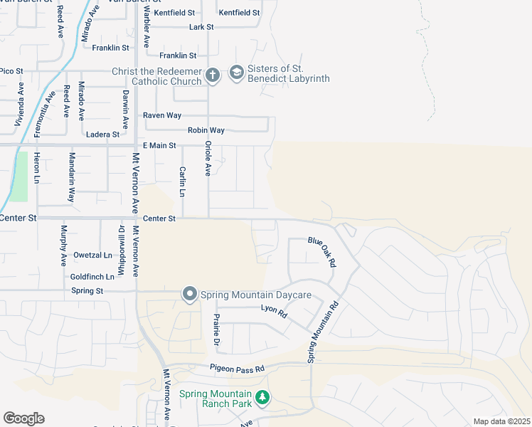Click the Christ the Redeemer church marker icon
coord(212,74)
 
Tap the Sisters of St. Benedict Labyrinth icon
coord(236,73)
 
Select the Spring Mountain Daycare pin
coord(189,294)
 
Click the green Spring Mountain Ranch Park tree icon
coord(262,397)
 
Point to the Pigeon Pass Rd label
coord(237,369)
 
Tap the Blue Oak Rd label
coord(321,252)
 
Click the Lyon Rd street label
coord(274,311)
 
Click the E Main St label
coord(159,146)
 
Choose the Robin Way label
coord(206,130)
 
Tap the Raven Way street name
coord(162,115)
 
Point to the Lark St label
coord(201,27)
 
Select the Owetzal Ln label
coord(92,255)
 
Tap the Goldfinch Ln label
coord(92,276)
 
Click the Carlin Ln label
coord(182,182)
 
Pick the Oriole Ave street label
coord(208,158)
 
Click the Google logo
coord(23,418)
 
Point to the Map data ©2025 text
coord(501,421)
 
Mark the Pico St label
coord(12,71)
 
